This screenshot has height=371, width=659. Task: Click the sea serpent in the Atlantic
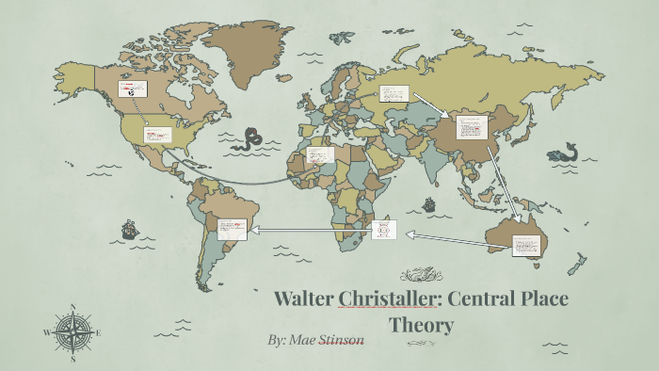(251, 139)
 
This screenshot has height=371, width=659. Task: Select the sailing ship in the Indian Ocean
(429, 203)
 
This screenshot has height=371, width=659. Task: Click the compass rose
(72, 332)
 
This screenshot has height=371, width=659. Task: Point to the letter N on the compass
(72, 307)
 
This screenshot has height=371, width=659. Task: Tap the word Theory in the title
(422, 326)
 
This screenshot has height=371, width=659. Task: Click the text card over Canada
(131, 89)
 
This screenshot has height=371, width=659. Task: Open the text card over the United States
(156, 135)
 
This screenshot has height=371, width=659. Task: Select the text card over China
(472, 127)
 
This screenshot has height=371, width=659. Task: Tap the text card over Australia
(527, 245)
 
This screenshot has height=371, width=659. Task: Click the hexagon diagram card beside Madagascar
(384, 229)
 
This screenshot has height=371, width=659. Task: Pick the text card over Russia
(394, 93)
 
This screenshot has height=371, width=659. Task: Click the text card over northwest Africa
(320, 154)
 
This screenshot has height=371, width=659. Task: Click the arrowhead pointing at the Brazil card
(251, 228)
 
